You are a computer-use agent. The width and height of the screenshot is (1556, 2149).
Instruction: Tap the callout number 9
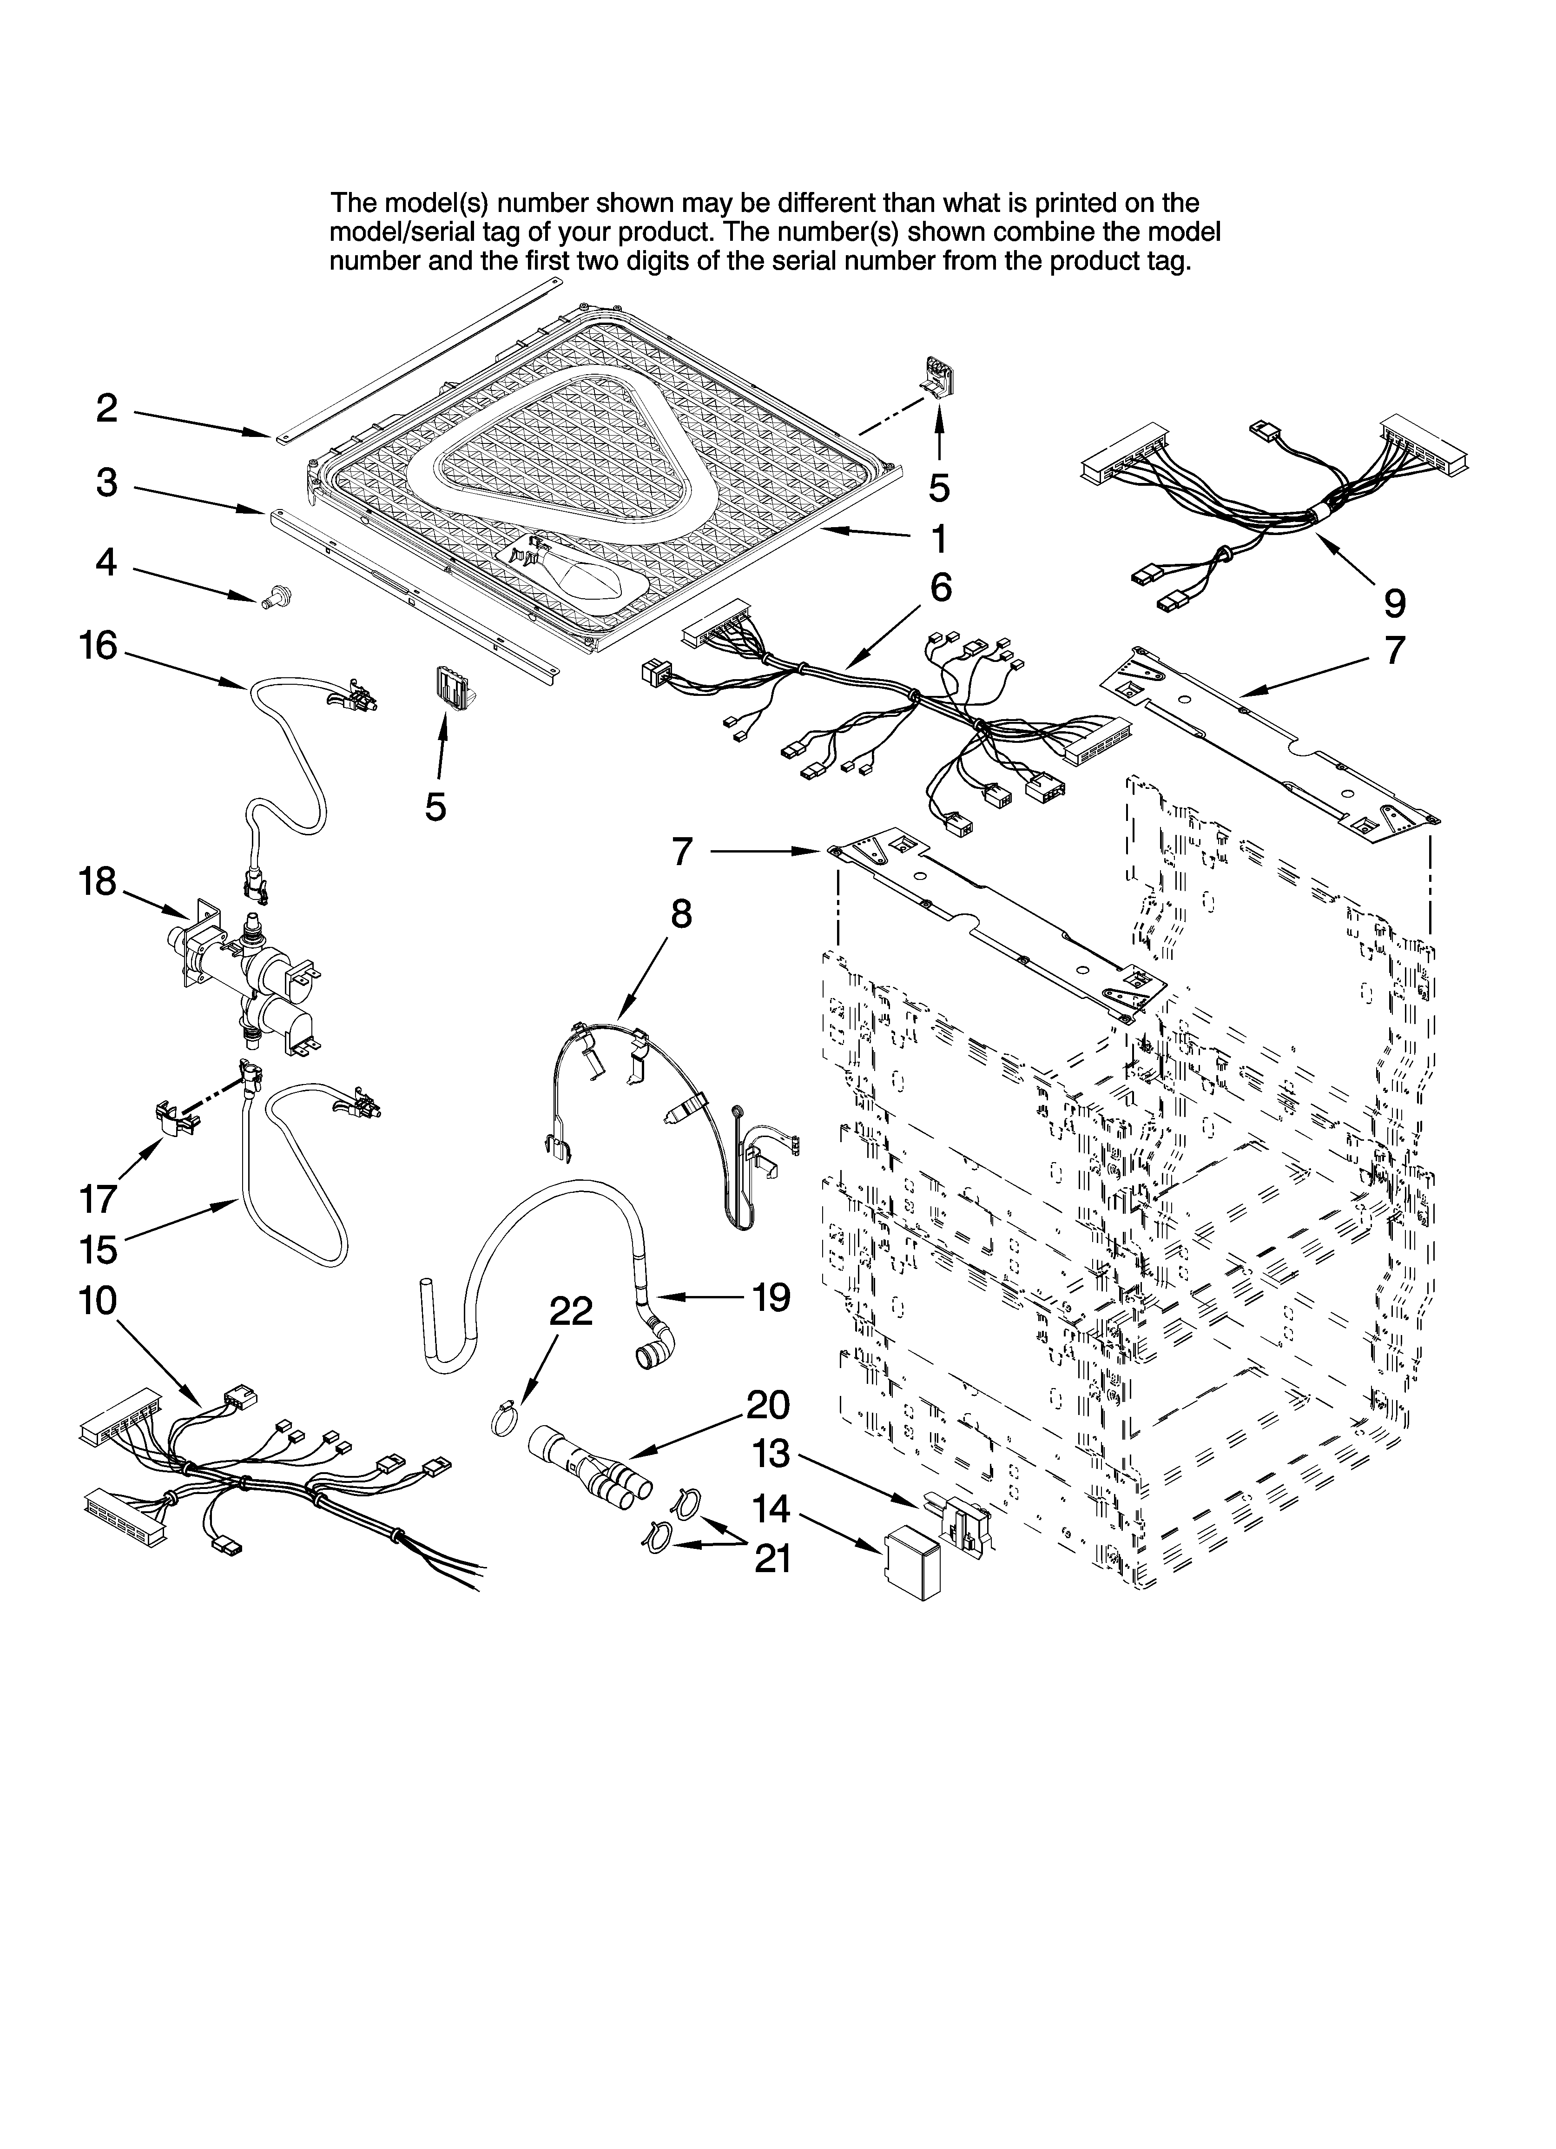point(1394,602)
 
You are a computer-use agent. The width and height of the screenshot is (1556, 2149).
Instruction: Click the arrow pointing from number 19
point(697,1295)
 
